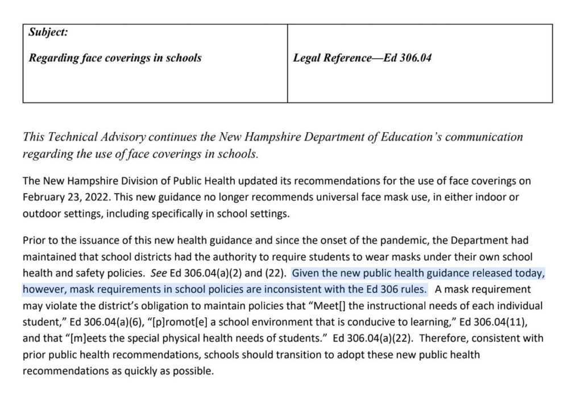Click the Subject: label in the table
click(48, 32)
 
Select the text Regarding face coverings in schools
click(115, 58)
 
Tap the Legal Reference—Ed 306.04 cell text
click(362, 58)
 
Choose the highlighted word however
click(42, 289)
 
